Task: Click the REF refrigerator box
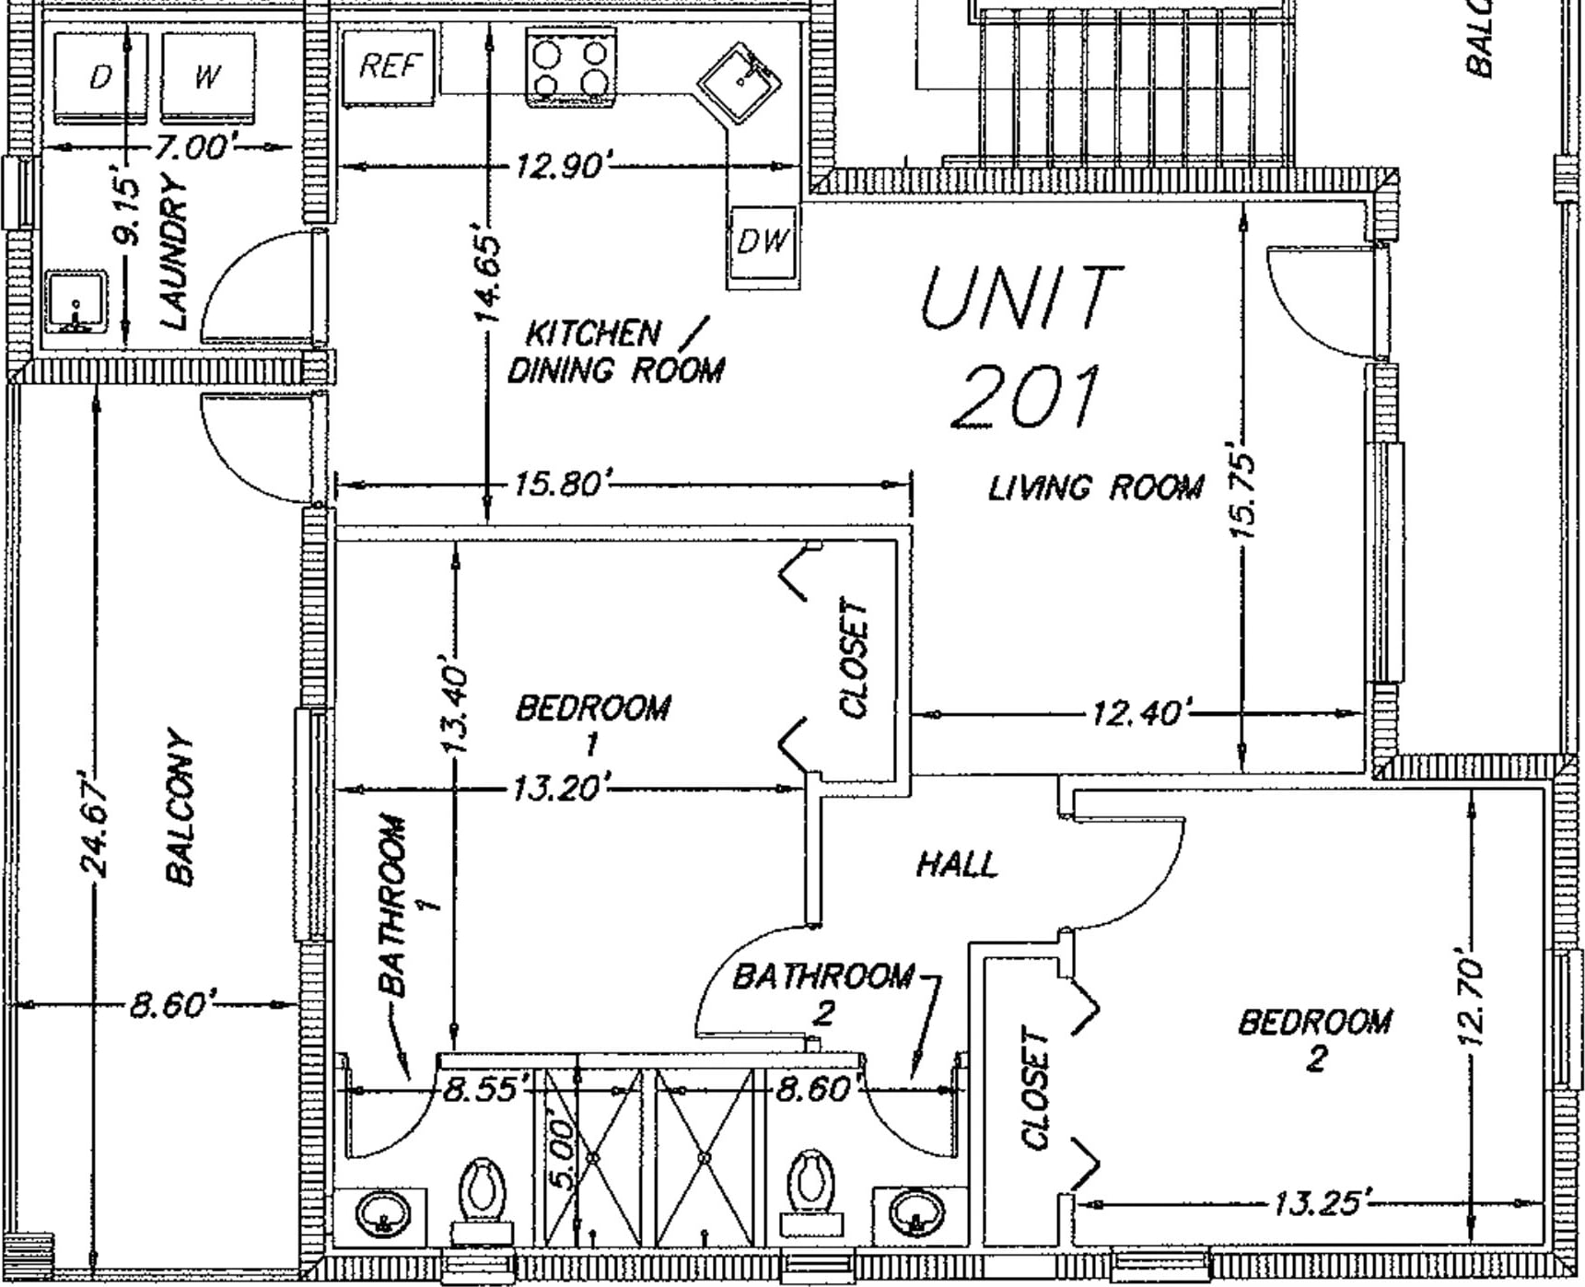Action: coord(388,66)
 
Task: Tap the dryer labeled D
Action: coord(100,77)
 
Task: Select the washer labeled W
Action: coord(207,77)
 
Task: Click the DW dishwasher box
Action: coord(763,242)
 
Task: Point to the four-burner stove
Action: coord(571,67)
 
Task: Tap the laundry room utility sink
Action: coord(76,303)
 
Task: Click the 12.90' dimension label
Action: coord(559,167)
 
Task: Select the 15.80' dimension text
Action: coord(559,483)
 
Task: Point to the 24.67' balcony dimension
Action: coord(96,822)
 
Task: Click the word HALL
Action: coord(957,864)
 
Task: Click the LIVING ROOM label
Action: coord(1096,486)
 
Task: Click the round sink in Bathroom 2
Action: coord(914,1211)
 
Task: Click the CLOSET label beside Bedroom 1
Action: coord(854,658)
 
